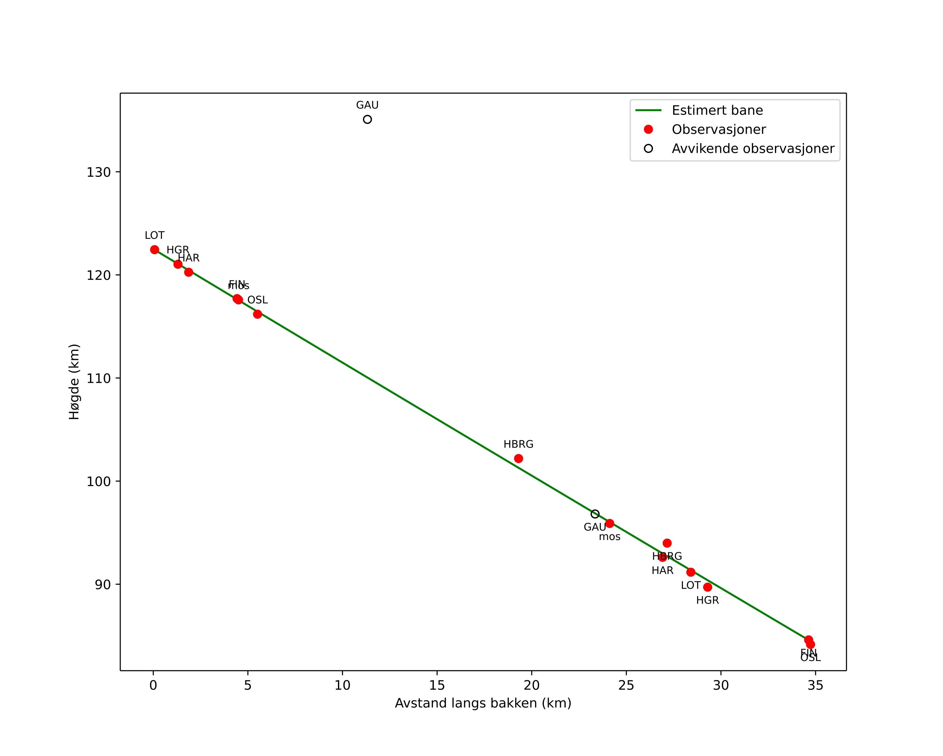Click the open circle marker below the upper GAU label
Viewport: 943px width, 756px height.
(367, 119)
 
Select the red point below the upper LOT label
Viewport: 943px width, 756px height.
(154, 250)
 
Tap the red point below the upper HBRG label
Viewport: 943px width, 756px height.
(518, 458)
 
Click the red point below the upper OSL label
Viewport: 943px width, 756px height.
(258, 314)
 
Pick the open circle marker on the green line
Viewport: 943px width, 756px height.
(595, 514)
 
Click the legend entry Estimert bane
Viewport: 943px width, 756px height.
(717, 110)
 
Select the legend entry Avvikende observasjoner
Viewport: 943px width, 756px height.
(753, 149)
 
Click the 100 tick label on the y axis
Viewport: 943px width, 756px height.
(98, 482)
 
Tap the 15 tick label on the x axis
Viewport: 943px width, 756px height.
(437, 686)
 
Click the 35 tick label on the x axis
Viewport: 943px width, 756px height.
(815, 686)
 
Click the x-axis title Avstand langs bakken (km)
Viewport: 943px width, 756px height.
(483, 703)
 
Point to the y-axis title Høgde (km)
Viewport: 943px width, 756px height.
(74, 382)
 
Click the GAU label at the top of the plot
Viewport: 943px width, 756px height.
(367, 105)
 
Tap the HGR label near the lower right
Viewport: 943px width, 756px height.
(707, 600)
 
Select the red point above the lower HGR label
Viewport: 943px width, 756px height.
(707, 587)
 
